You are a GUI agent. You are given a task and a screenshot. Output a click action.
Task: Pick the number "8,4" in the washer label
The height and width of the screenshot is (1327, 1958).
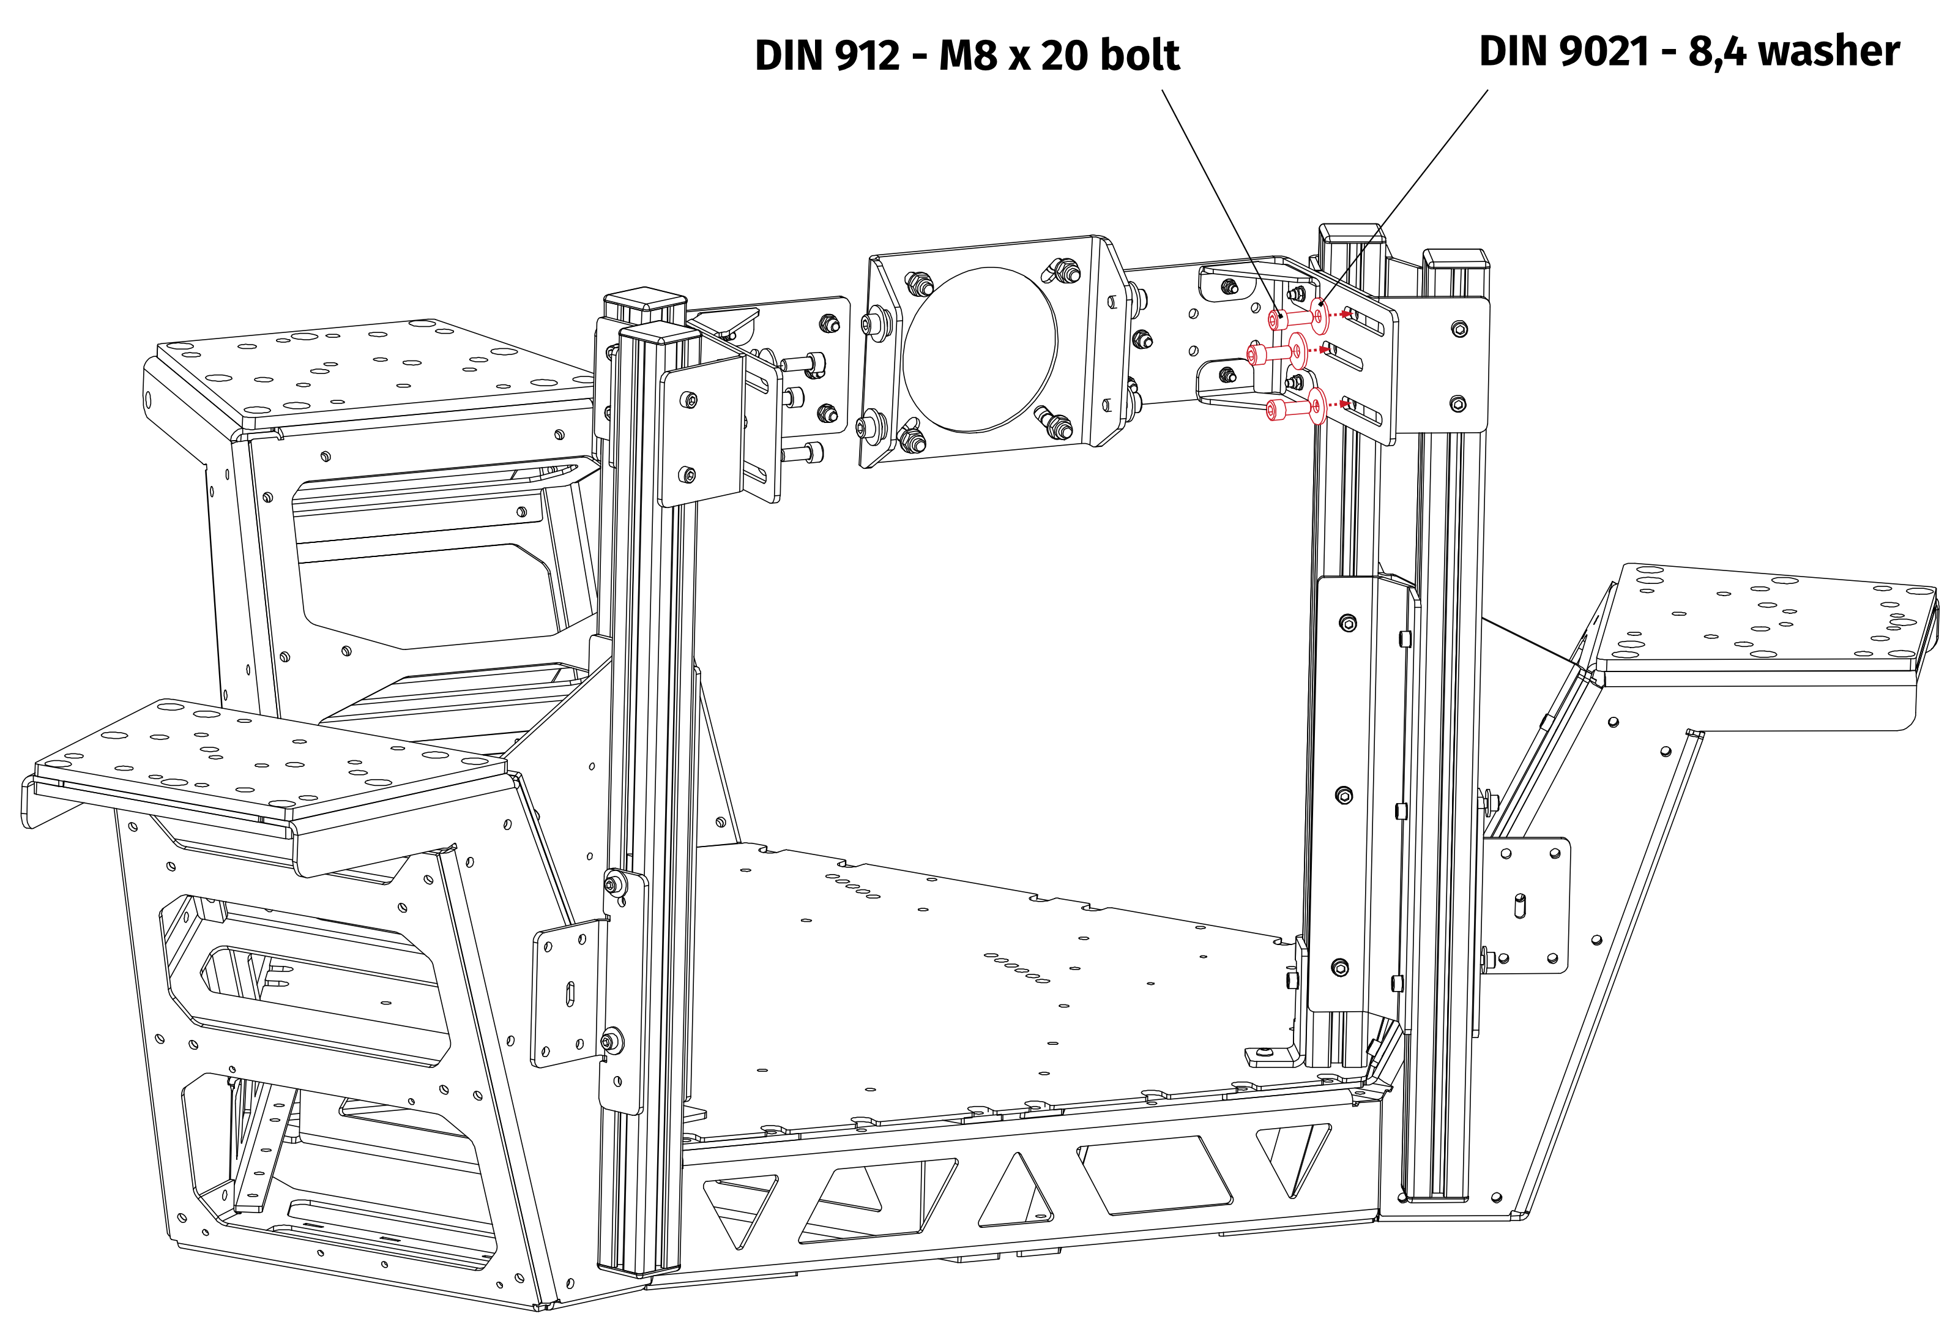pos(1719,51)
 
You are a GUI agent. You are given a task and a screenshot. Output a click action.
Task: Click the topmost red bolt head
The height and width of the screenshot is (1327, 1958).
pos(1276,320)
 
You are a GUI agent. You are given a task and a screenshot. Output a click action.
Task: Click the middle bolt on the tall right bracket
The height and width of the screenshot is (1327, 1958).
pos(1345,794)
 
